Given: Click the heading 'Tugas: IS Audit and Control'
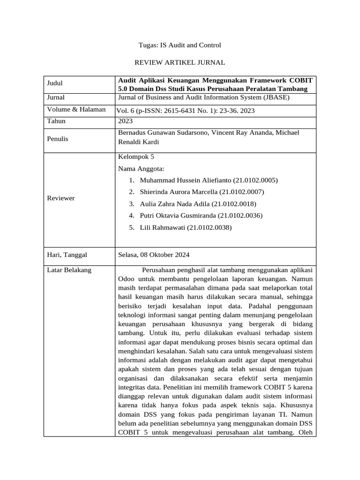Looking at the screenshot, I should coord(180,45).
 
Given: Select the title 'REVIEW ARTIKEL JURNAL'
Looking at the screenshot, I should coord(180,62).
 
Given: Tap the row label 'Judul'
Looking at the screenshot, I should coord(55,83).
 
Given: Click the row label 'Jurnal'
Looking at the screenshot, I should coord(56,97).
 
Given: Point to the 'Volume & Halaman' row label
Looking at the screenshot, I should coord(76,110).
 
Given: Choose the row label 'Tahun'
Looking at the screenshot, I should coord(57,121).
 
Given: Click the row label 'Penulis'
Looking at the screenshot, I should coord(58,139).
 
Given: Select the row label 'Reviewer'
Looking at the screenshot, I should coord(61,198).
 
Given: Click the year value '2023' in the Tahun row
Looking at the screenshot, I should coord(126,121).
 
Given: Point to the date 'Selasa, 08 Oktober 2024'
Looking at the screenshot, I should coord(154,255).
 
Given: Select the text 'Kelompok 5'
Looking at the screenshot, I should coord(136,157).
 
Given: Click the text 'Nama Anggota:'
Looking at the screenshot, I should coord(141,169).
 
